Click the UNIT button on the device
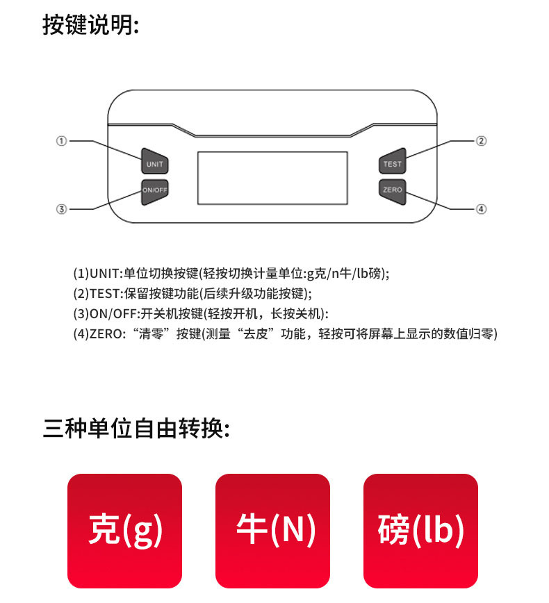155,161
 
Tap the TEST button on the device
393,161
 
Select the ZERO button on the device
393,192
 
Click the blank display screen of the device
272,178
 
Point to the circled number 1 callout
62,141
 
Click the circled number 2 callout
481,141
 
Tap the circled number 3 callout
62,209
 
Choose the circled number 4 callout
481,209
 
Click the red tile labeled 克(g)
124,531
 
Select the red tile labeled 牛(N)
272,531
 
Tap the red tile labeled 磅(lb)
420,531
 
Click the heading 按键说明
90,24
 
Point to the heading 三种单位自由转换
136,429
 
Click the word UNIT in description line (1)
104,274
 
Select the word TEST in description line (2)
105,294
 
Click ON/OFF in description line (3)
113,314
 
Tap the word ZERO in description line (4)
106,333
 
